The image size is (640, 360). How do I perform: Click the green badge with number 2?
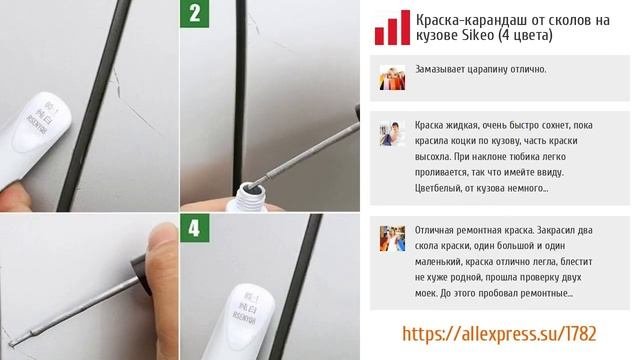pos(194,14)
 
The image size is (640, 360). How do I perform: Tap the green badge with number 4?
pos(194,228)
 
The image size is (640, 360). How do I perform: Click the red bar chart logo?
pos(392,27)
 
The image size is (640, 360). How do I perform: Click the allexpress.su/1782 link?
pos(499,334)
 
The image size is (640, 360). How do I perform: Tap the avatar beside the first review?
pos(392,78)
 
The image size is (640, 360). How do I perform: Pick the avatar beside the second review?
pos(392,133)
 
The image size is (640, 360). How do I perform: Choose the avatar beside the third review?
pos(392,238)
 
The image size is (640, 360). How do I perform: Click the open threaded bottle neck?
pos(250,197)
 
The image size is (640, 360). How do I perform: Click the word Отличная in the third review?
pos(432,230)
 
